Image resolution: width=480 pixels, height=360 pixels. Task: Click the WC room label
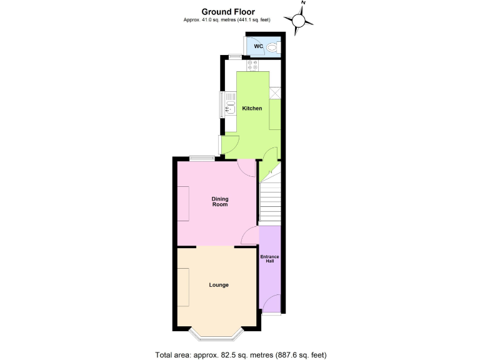(258, 46)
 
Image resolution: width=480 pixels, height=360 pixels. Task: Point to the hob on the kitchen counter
(252, 65)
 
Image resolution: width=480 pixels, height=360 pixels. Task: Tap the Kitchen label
(252, 109)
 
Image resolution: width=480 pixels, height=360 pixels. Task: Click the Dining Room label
(219, 201)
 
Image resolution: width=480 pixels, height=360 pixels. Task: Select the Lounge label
(219, 285)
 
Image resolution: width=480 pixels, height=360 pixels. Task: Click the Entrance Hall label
(270, 259)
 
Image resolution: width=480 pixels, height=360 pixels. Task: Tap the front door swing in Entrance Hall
(271, 305)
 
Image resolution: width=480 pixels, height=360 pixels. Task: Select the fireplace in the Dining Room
(184, 203)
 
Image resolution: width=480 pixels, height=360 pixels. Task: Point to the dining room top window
(202, 158)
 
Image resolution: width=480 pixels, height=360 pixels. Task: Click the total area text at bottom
(241, 355)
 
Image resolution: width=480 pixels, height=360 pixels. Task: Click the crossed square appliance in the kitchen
(275, 92)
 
